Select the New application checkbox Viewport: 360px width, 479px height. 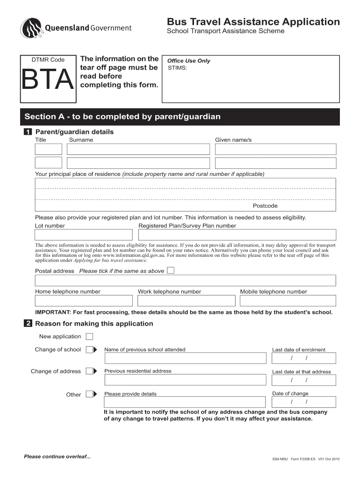[89, 336]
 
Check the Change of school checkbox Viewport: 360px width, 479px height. [89, 349]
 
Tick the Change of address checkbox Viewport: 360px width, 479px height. [89, 371]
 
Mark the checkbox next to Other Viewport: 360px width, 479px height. [89, 394]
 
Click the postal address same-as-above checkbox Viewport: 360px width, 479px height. [171, 270]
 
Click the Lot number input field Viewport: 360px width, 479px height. [84, 235]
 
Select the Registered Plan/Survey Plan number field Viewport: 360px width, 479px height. [237, 235]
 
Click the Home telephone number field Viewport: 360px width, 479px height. [84, 301]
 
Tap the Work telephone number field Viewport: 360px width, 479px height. [186, 301]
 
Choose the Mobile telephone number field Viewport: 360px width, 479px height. [288, 301]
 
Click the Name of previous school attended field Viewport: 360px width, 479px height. [186, 358]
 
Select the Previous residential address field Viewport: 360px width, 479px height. [186, 380]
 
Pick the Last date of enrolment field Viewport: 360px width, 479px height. [303, 358]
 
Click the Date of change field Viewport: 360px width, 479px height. [303, 402]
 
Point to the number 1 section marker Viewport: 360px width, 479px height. [29, 132]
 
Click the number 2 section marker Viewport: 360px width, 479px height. [29, 324]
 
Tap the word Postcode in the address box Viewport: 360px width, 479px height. [265, 206]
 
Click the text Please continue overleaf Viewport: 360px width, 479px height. [57, 457]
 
